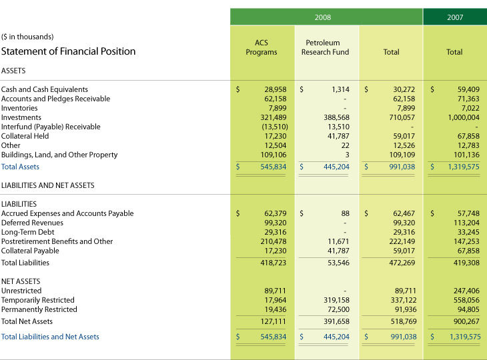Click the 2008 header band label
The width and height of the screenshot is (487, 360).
pyautogui.click(x=323, y=17)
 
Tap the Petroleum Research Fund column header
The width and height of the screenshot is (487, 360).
pyautogui.click(x=325, y=47)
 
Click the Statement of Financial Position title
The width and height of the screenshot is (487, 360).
pyautogui.click(x=68, y=51)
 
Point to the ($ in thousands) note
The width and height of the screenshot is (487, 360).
pyautogui.click(x=27, y=37)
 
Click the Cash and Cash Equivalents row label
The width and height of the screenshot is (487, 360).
pyautogui.click(x=45, y=89)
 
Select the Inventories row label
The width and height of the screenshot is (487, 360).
pyautogui.click(x=19, y=108)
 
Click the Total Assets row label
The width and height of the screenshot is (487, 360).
pyautogui.click(x=20, y=167)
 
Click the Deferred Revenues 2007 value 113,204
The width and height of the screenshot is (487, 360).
pyautogui.click(x=465, y=223)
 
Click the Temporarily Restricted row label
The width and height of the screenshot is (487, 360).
pyautogui.click(x=38, y=300)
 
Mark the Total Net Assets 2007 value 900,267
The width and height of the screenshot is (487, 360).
pyautogui.click(x=465, y=321)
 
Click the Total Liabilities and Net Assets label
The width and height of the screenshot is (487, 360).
pyautogui.click(x=50, y=337)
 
